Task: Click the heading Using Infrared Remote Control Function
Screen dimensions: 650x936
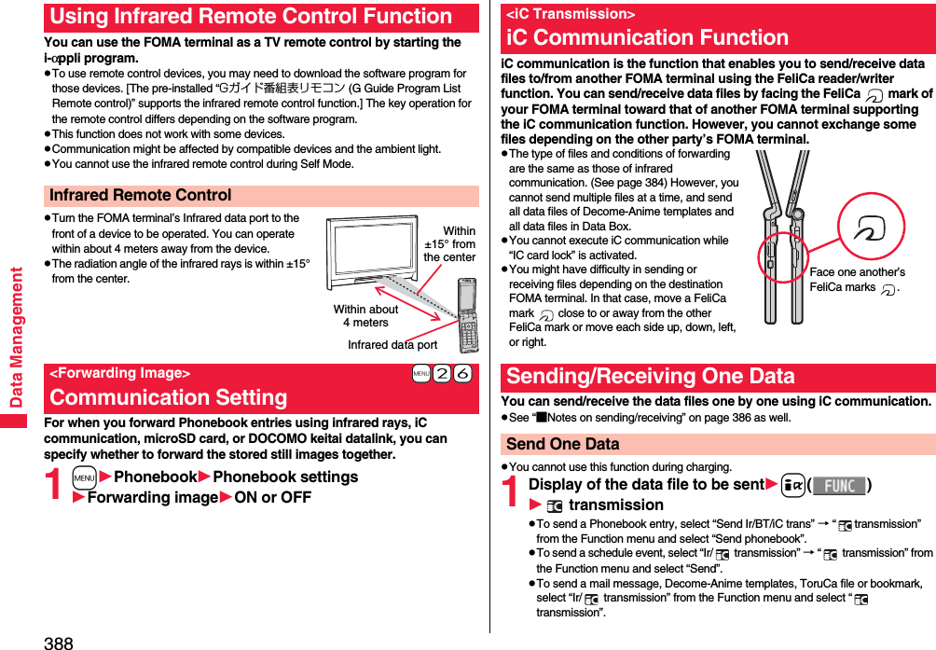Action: pyautogui.click(x=251, y=17)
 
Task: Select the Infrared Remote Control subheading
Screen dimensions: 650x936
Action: pyautogui.click(x=140, y=196)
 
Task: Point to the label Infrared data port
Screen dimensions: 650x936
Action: pyautogui.click(x=392, y=345)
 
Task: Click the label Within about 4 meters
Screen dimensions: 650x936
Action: pyautogui.click(x=365, y=316)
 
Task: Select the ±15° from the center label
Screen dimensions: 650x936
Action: pyautogui.click(x=449, y=244)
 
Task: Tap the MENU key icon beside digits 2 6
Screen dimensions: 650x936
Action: pyautogui.click(x=420, y=374)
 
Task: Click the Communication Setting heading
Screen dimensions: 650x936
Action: pyautogui.click(x=169, y=397)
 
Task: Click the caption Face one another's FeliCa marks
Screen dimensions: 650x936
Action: pyautogui.click(x=857, y=280)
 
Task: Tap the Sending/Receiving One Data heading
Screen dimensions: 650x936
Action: pyautogui.click(x=650, y=377)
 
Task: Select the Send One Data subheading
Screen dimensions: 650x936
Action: pyautogui.click(x=562, y=445)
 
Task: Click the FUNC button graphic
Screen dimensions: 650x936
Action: pyautogui.click(x=839, y=486)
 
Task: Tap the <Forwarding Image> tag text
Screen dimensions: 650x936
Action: pyautogui.click(x=119, y=373)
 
